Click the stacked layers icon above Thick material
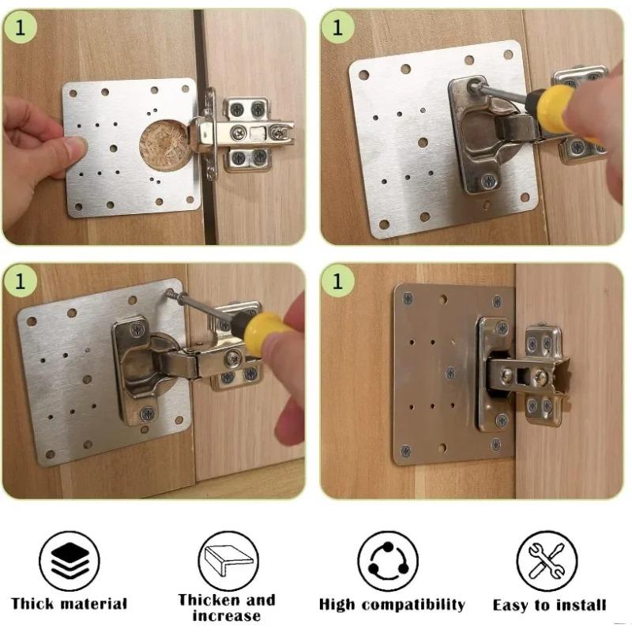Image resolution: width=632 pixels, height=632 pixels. (69, 560)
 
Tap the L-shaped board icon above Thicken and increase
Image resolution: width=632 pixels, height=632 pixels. (228, 560)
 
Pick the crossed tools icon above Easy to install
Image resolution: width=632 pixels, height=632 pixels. (547, 560)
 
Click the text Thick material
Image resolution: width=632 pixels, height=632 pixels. (70, 604)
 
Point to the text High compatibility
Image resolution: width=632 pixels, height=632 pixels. (392, 605)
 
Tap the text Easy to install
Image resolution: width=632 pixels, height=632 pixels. (549, 605)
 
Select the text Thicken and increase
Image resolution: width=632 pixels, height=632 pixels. (227, 607)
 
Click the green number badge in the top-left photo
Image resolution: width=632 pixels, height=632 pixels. (21, 27)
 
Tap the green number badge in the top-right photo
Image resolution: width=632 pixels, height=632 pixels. (338, 27)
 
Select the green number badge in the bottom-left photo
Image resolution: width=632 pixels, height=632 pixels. (21, 281)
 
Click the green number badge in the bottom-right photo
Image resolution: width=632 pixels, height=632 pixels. (338, 281)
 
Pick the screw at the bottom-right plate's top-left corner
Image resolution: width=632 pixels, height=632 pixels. (408, 299)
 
